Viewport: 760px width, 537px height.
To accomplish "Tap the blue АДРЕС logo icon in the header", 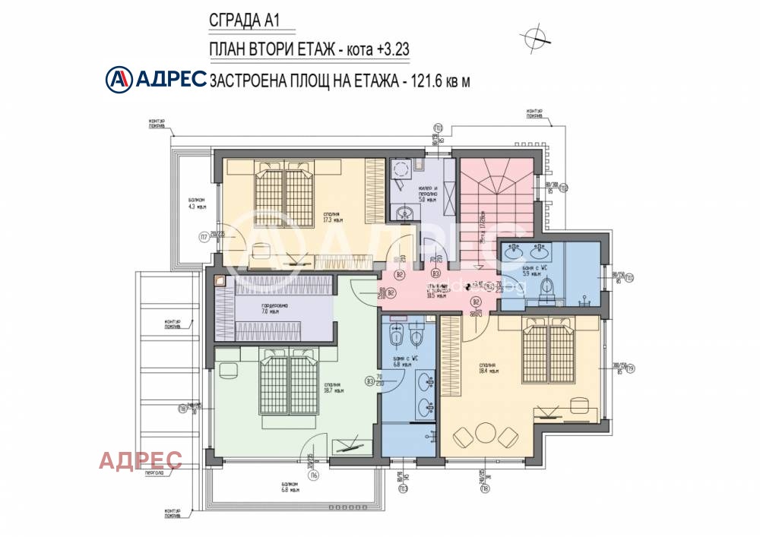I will pyautogui.click(x=119, y=78).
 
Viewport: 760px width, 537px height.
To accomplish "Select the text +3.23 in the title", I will pyautogui.click(x=391, y=49).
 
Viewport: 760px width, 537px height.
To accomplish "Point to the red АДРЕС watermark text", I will pyautogui.click(x=141, y=460).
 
